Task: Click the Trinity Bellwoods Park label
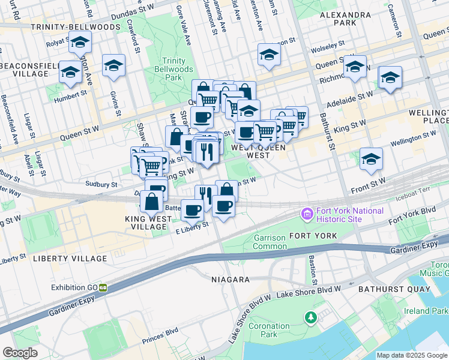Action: click(173, 69)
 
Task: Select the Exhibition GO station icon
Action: click(103, 287)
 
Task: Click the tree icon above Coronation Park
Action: click(310, 316)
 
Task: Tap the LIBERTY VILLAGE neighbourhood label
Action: click(70, 259)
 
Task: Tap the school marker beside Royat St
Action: click(79, 43)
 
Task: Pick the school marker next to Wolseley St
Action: click(269, 55)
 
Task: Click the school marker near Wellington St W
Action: click(371, 159)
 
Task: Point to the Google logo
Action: click(20, 353)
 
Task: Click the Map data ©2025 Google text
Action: click(412, 355)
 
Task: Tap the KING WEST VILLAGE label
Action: click(148, 219)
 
